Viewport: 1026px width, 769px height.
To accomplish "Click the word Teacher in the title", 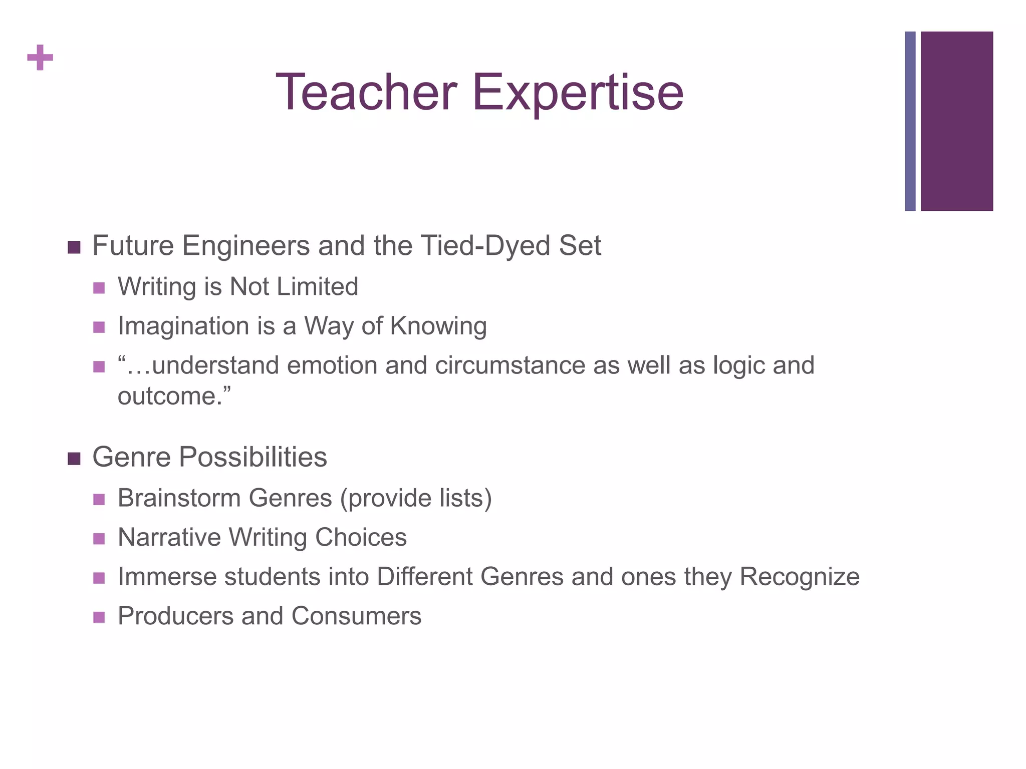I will click(x=366, y=93).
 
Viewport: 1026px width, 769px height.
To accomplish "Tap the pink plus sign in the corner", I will click(x=40, y=58).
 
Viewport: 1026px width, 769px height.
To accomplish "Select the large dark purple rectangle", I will click(x=957, y=121).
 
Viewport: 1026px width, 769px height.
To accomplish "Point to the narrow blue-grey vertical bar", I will click(x=910, y=121).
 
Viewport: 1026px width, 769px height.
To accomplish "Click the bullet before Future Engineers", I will click(x=74, y=247).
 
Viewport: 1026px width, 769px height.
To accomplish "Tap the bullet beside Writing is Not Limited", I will click(x=99, y=288).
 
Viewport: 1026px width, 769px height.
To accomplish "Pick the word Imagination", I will click(x=183, y=326).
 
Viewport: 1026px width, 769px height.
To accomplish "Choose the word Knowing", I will click(x=438, y=326).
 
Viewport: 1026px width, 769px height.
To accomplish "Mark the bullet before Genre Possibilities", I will click(x=74, y=459).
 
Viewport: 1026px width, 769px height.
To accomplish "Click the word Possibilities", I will click(x=253, y=458).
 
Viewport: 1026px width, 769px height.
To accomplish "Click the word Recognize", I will click(x=800, y=576).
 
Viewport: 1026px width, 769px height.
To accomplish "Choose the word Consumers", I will click(x=356, y=616).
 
